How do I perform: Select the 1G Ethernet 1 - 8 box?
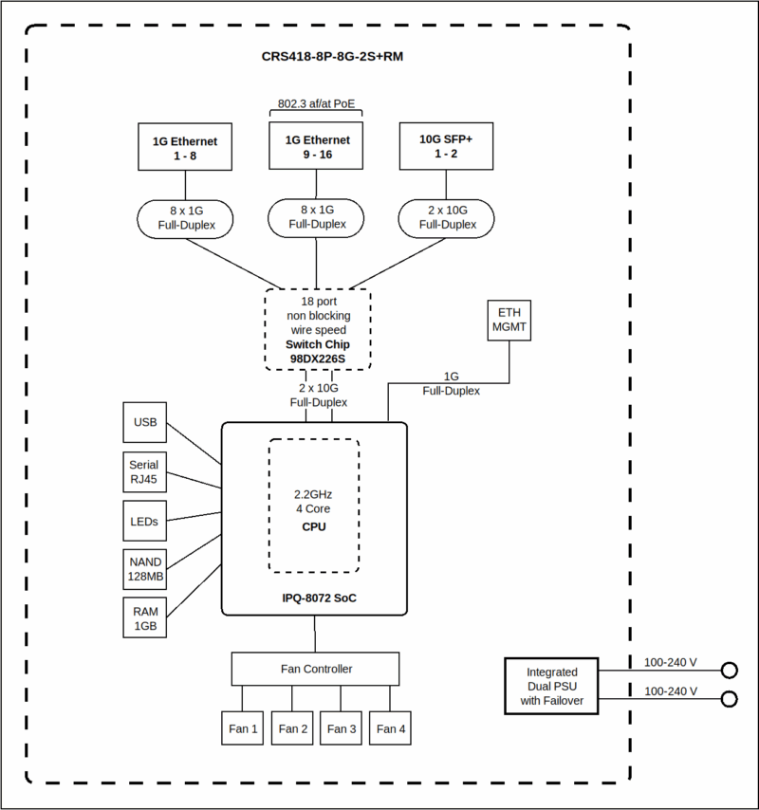pyautogui.click(x=185, y=147)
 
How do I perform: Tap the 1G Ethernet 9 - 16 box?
pyautogui.click(x=317, y=146)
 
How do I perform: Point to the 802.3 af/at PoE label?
pyautogui.click(x=317, y=103)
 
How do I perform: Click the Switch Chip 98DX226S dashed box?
pyautogui.click(x=318, y=327)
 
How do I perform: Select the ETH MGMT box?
pyautogui.click(x=509, y=321)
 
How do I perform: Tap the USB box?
pyautogui.click(x=145, y=422)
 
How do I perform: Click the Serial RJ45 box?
pyautogui.click(x=145, y=471)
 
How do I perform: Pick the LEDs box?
pyautogui.click(x=145, y=521)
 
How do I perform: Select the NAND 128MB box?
pyautogui.click(x=145, y=568)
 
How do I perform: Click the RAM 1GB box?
pyautogui.click(x=145, y=617)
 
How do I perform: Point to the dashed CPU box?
pyautogui.click(x=314, y=506)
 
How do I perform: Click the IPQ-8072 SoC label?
pyautogui.click(x=314, y=598)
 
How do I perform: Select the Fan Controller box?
pyautogui.click(x=316, y=669)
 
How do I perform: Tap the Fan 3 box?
pyautogui.click(x=342, y=728)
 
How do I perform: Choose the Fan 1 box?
pyautogui.click(x=243, y=728)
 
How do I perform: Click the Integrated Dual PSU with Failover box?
pyautogui.click(x=551, y=685)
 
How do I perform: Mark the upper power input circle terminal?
pyautogui.click(x=729, y=671)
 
